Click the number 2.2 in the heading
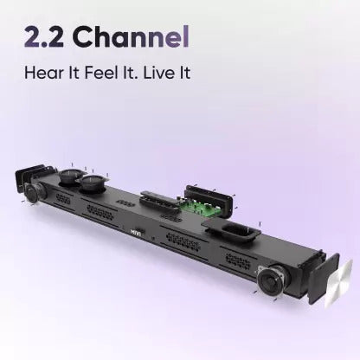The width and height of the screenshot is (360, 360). pos(44,37)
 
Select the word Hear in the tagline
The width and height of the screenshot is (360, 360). pos(43,72)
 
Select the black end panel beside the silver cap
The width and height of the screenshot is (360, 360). pos(324,279)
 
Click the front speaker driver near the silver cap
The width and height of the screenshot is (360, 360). pos(272,279)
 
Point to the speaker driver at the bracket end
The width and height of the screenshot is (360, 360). pos(34,192)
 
